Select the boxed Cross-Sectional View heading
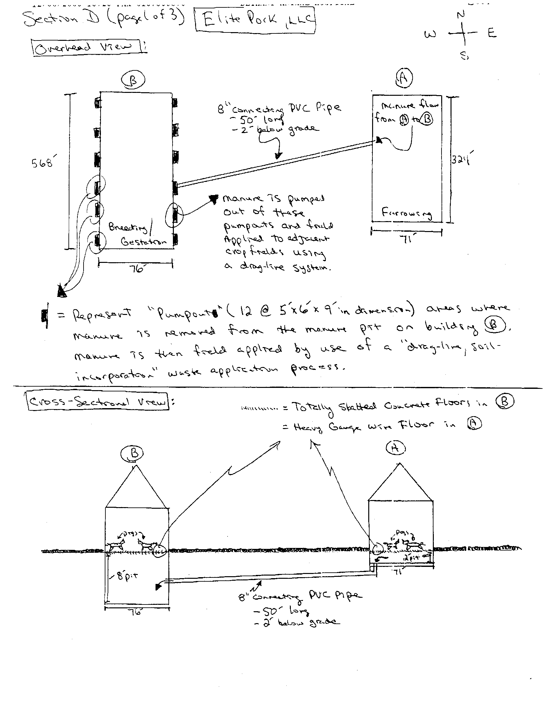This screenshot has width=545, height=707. [98, 402]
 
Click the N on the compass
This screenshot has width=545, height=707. [461, 14]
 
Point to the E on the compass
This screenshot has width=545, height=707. [492, 33]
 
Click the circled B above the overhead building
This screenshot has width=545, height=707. [133, 80]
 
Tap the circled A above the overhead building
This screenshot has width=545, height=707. [405, 78]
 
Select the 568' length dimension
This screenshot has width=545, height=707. [42, 163]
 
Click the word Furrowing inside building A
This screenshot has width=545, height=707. [407, 213]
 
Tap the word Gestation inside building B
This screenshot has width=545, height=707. [144, 241]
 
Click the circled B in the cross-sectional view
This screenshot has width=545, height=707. [134, 453]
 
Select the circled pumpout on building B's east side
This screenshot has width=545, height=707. [175, 214]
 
